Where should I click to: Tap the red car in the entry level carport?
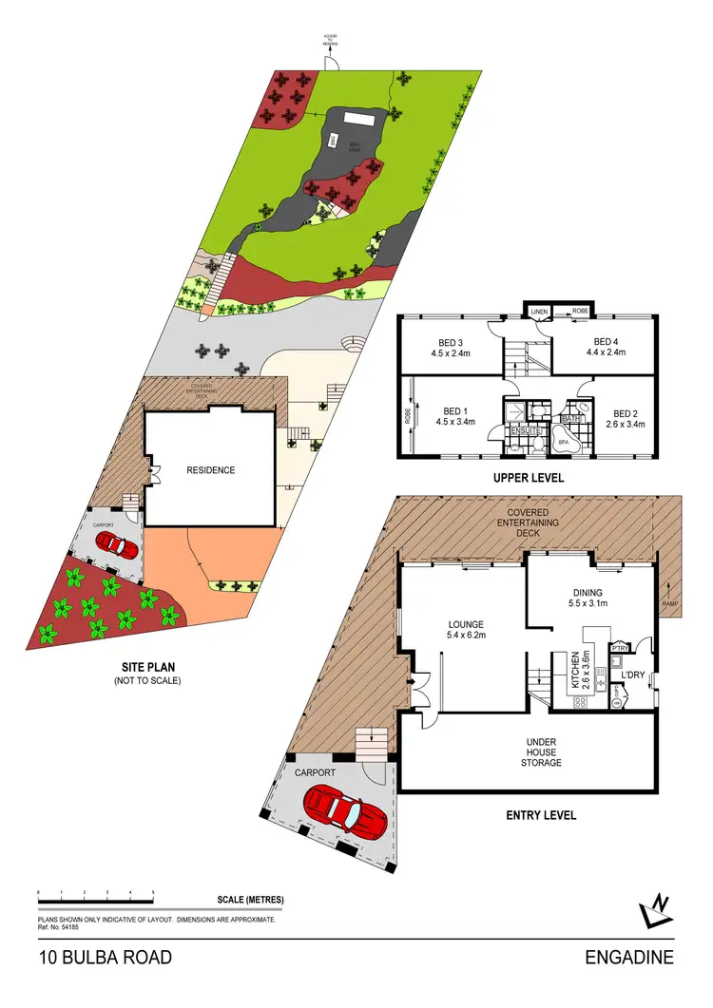(343, 813)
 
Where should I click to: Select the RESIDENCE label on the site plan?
(211, 469)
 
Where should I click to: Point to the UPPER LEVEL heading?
(530, 478)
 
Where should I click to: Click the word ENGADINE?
(629, 958)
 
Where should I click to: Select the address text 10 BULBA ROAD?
(105, 958)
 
